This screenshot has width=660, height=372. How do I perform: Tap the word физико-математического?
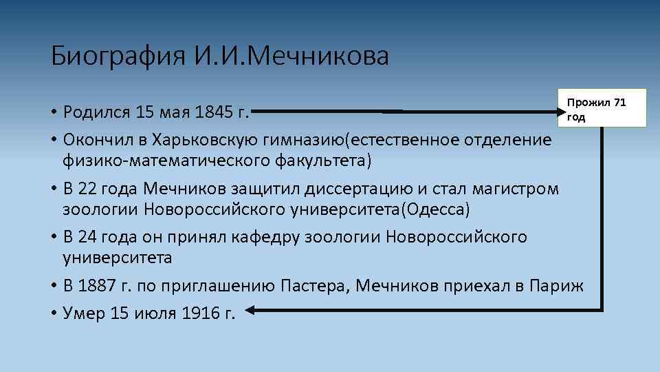coord(161,161)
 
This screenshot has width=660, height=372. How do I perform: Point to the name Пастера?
coord(316,286)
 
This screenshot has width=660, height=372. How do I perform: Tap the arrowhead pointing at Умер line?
coord(250,312)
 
